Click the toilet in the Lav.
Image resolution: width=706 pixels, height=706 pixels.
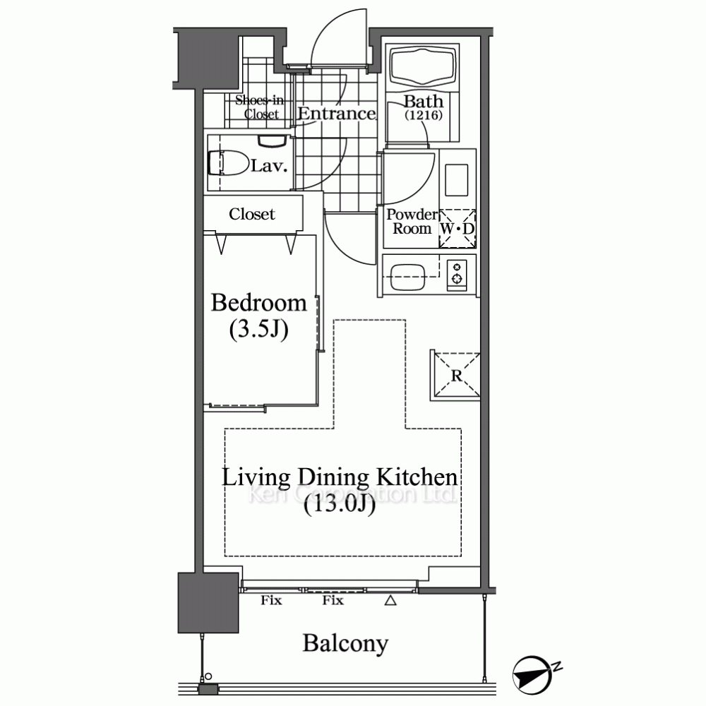[229, 162]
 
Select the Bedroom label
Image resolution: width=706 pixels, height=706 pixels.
[259, 303]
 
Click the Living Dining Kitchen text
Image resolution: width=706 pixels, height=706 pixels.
[340, 478]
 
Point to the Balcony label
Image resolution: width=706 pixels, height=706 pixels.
[345, 643]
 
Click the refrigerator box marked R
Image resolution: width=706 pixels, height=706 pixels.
[455, 376]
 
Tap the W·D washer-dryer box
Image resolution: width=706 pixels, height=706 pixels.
[457, 228]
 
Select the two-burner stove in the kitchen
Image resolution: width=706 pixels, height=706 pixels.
[457, 274]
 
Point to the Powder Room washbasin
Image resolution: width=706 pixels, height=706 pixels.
[456, 179]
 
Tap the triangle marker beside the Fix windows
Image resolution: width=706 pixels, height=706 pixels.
[390, 600]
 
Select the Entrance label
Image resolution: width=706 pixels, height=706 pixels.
[336, 114]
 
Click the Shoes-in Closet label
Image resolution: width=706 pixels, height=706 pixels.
[260, 107]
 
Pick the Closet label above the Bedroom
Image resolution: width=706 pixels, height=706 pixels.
[252, 214]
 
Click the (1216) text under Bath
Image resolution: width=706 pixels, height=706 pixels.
[423, 115]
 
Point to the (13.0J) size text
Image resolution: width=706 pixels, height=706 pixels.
[340, 505]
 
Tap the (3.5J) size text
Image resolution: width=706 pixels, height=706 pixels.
[259, 330]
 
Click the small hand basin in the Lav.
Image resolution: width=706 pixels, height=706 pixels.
[273, 140]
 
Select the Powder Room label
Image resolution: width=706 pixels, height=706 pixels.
[412, 222]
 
